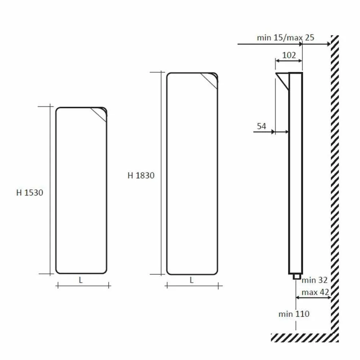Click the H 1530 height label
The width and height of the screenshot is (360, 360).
[30, 193]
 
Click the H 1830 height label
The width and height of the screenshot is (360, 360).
[141, 175]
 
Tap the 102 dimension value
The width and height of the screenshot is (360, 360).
[289, 55]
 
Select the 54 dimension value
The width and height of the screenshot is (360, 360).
[261, 127]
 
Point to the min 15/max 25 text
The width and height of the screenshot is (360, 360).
[285, 38]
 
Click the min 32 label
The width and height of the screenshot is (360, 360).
[315, 280]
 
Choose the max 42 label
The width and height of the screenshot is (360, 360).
[315, 292]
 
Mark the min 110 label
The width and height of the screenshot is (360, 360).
[294, 314]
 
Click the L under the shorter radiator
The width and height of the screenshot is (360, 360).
[81, 280]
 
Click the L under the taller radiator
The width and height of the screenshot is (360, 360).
[192, 280]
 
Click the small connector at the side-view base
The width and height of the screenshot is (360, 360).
[296, 277]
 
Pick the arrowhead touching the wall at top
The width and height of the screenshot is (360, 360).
[328, 44]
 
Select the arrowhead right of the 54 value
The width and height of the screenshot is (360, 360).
[272, 132]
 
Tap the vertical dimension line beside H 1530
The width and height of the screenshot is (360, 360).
[50, 189]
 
